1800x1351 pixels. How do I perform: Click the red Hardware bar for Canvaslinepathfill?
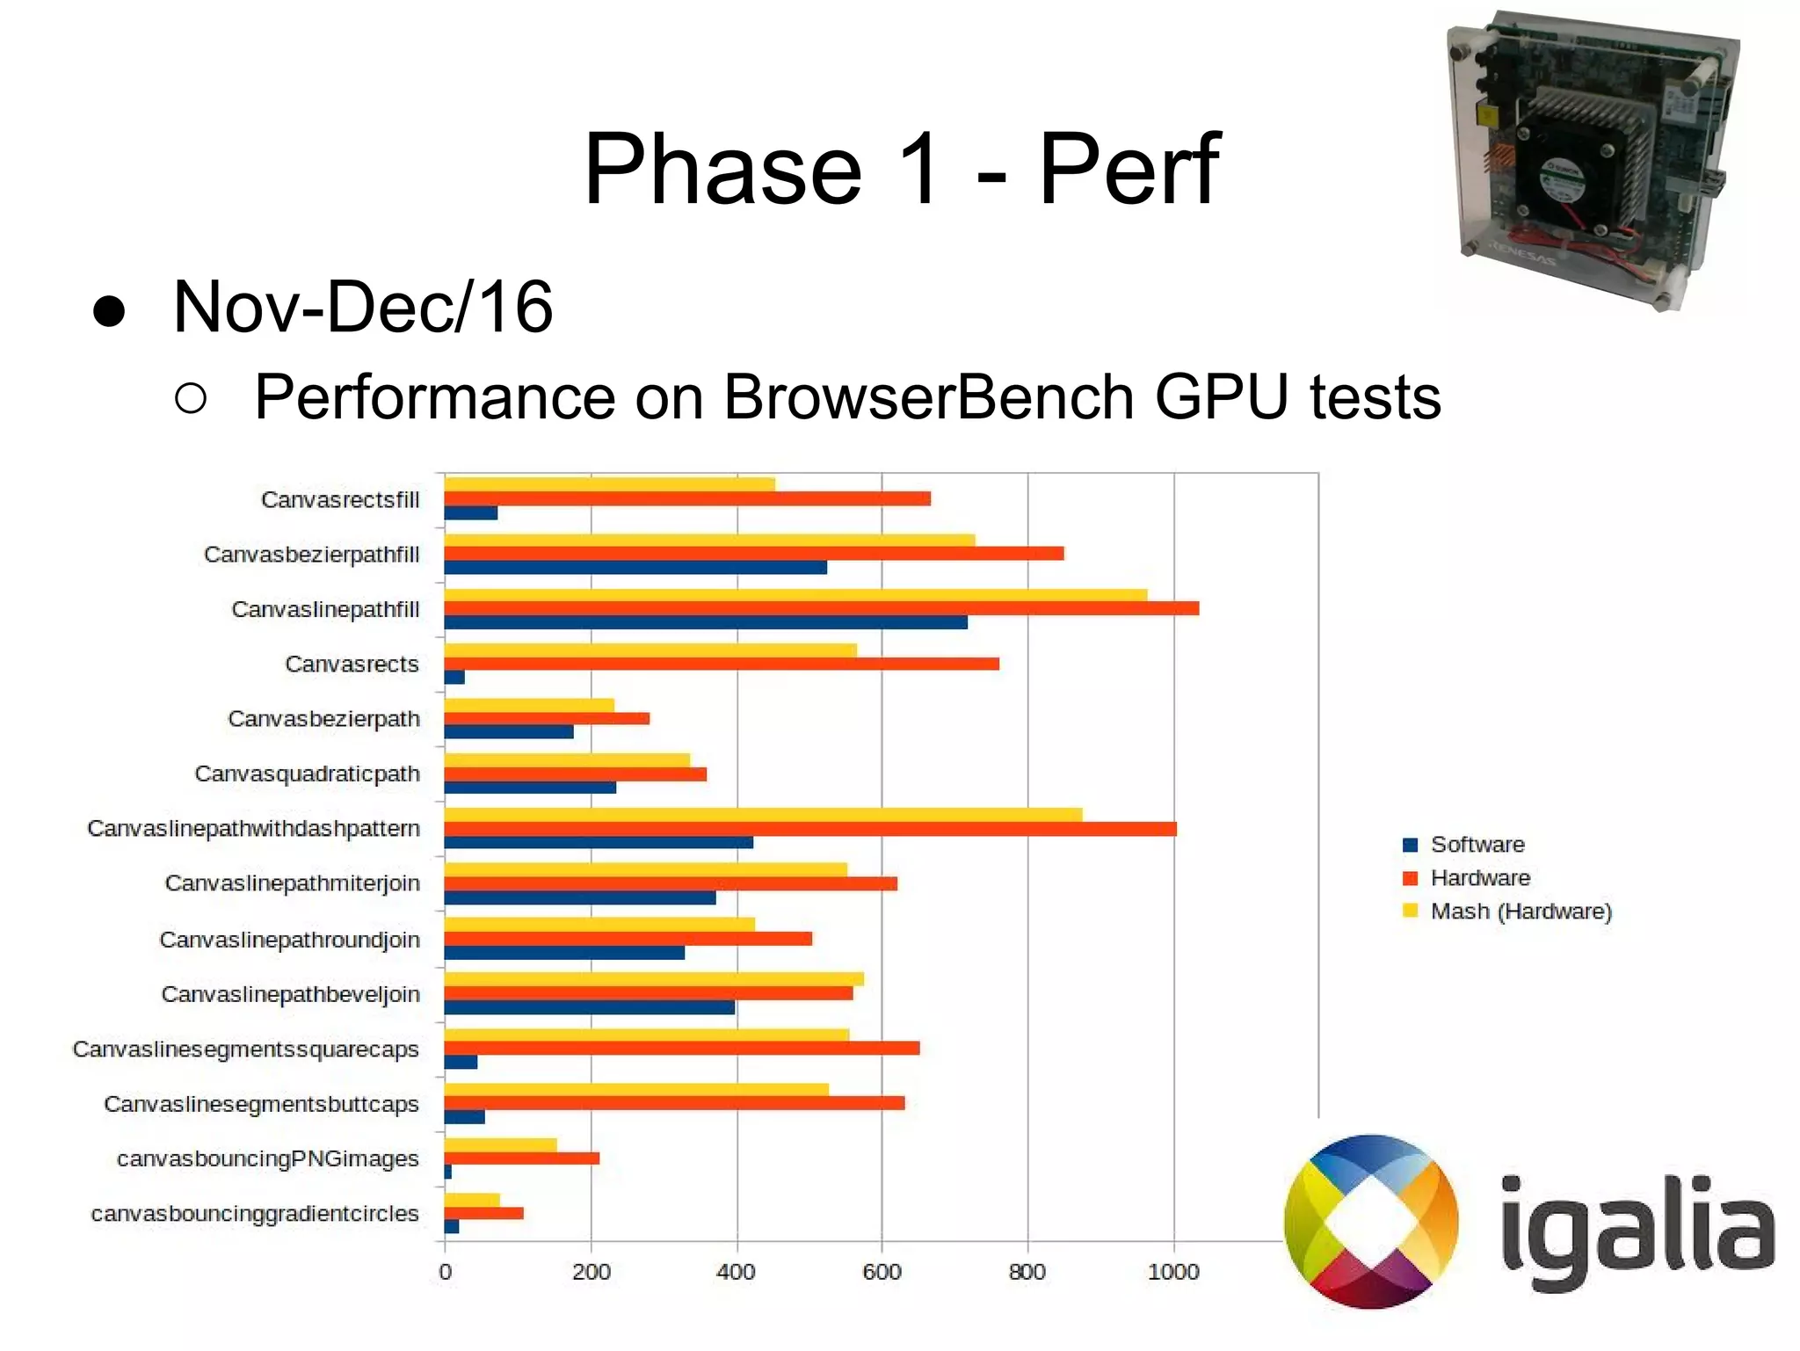pos(821,608)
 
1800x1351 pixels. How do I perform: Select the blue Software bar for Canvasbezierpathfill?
pos(635,568)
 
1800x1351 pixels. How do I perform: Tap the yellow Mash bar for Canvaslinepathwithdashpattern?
pos(763,815)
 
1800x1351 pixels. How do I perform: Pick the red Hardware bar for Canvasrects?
pos(721,664)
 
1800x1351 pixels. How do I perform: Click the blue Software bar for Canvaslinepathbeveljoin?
pos(589,1007)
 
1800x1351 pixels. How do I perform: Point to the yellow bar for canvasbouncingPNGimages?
pos(500,1144)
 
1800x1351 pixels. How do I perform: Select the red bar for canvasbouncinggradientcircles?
pos(483,1214)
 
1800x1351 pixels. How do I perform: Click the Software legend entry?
pos(1477,845)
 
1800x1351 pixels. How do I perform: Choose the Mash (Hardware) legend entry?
pos(1521,912)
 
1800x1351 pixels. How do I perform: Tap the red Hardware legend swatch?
pos(1411,878)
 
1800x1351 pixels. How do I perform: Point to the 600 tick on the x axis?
pos(882,1272)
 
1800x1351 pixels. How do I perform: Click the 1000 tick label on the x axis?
pos(1173,1272)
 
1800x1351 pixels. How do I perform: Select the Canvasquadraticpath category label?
pos(307,774)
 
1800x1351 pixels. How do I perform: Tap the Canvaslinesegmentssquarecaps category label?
pos(246,1050)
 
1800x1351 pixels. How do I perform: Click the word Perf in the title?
pos(1129,169)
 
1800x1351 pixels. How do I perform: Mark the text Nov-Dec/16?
pos(363,307)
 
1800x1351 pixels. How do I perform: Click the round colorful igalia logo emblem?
pos(1370,1222)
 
